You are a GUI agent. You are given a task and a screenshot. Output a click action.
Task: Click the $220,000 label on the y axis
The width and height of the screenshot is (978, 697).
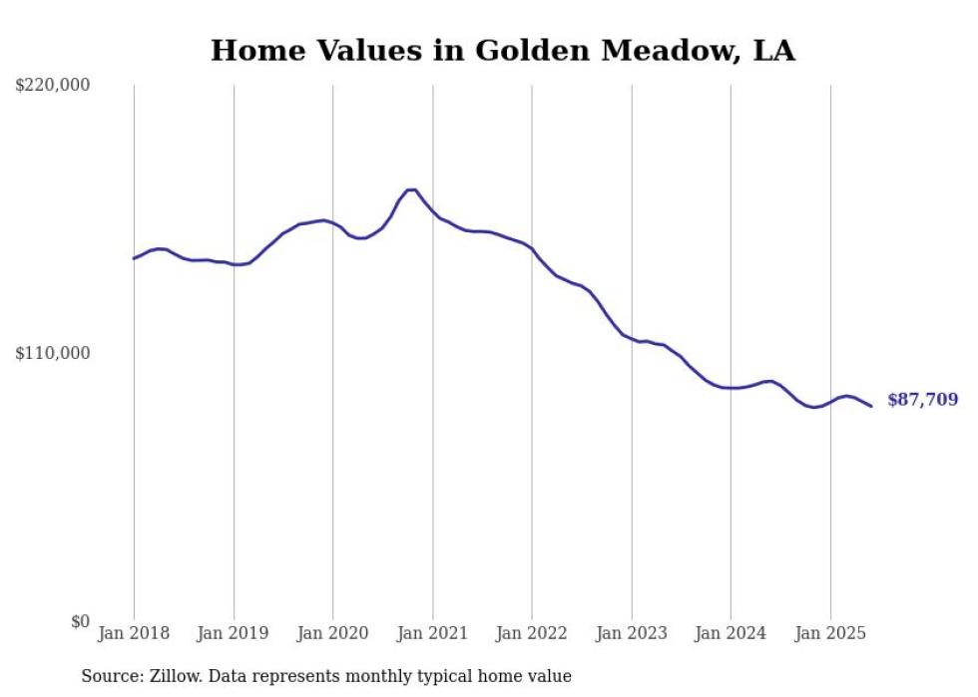pos(53,86)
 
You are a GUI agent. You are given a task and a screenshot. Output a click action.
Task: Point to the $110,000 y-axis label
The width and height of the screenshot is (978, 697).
pos(53,353)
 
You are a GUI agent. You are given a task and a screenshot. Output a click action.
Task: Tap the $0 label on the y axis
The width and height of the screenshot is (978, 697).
pos(80,621)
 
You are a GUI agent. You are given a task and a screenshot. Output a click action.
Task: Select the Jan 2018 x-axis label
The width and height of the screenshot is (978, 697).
pos(134,633)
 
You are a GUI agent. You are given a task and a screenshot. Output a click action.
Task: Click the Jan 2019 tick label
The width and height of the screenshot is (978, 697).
pos(234,633)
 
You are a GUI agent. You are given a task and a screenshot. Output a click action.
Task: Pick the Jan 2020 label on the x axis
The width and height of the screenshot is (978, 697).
pos(333,633)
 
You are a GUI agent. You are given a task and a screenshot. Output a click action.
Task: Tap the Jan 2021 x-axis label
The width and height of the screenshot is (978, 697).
pos(432,633)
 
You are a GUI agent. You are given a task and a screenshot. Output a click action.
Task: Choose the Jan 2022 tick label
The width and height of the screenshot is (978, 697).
pos(532,633)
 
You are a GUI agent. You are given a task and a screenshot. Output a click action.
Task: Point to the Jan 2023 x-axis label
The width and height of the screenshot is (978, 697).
pos(632,633)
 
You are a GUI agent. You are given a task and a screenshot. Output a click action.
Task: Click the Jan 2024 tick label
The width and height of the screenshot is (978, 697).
pos(731,633)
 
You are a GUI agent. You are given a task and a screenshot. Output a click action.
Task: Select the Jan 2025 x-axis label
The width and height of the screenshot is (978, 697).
pos(830,633)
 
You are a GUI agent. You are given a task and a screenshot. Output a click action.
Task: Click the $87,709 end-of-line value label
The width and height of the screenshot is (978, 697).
pos(922,400)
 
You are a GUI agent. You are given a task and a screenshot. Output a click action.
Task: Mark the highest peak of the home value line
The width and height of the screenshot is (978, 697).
pos(411,189)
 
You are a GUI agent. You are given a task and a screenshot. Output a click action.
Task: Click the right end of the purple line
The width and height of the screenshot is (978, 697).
pos(871,406)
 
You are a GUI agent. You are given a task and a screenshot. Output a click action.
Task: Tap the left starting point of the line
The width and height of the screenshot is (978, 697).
pos(134,258)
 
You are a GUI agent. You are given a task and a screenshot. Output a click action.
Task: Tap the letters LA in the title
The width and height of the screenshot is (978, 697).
pos(773,51)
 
